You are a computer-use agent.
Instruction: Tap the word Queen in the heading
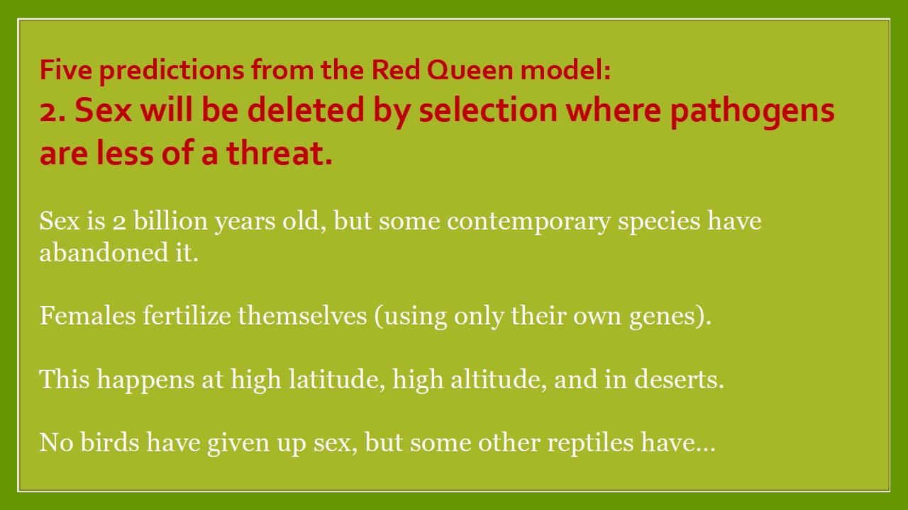[x=470, y=70]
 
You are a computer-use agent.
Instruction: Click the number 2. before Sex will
[x=53, y=111]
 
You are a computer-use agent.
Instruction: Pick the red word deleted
[x=306, y=110]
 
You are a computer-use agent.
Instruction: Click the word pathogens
[x=753, y=112]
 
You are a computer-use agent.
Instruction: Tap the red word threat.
[x=279, y=153]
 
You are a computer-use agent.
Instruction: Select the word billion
[x=171, y=221]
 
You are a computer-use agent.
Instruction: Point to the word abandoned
[x=104, y=253]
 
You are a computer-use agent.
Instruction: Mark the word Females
[x=87, y=316]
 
